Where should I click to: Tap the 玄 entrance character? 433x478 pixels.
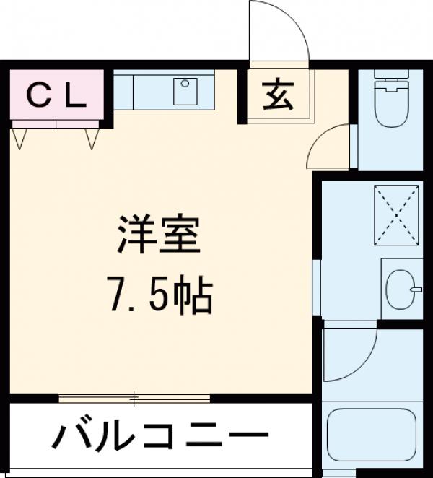(278, 95)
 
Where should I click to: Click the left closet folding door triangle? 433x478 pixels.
(20, 137)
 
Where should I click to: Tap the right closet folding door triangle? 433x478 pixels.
(92, 137)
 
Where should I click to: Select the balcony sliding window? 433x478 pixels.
(134, 397)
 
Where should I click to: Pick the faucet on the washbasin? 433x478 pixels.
(416, 290)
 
